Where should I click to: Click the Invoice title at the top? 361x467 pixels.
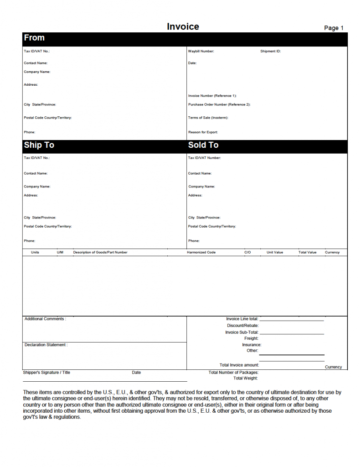click(183, 26)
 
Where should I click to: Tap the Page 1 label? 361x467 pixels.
click(334, 28)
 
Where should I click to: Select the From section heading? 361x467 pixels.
click(34, 38)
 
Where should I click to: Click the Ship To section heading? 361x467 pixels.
click(39, 145)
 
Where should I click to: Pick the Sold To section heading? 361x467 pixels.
click(203, 145)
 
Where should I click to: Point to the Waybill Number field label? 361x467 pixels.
click(201, 52)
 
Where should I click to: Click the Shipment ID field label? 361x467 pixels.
click(270, 52)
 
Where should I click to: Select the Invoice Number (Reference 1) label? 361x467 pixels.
click(212, 96)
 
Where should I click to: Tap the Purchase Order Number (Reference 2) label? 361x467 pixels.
click(219, 104)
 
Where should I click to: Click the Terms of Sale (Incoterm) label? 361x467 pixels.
click(208, 118)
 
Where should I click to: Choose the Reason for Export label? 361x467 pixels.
click(203, 132)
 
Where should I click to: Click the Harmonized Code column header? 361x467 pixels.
click(201, 252)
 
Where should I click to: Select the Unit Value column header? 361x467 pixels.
click(275, 252)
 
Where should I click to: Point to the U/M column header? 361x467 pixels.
click(60, 252)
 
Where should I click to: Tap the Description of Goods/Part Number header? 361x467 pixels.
click(100, 252)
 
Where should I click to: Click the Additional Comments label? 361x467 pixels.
click(45, 319)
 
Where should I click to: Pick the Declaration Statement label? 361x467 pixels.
click(46, 345)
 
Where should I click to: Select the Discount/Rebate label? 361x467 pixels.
click(242, 326)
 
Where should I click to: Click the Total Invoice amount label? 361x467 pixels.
click(239, 365)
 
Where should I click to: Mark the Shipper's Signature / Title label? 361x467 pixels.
click(46, 373)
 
